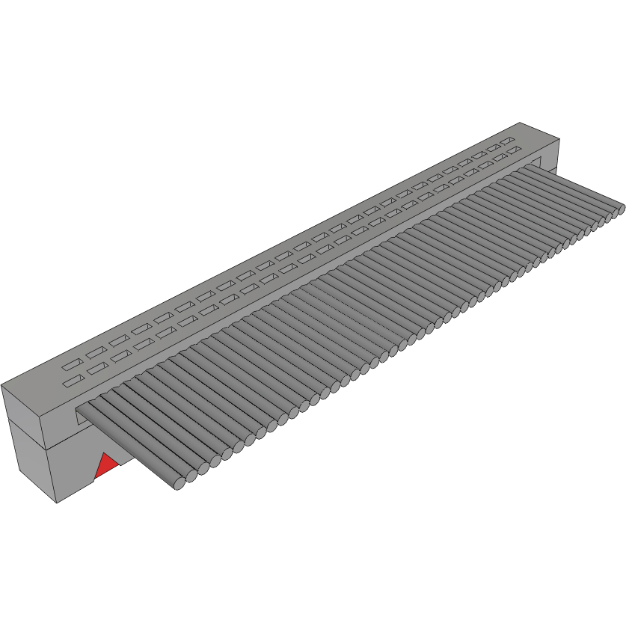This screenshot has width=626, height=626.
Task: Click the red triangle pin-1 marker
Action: pos(105,466)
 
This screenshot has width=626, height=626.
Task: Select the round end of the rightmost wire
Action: pos(620,209)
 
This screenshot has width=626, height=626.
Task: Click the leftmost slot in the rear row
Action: pos(72,366)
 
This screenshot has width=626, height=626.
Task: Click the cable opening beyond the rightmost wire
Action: pos(536,161)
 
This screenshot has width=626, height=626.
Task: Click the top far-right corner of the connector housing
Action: pos(561,140)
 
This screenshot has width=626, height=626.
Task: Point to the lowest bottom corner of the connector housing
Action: pos(58,503)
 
